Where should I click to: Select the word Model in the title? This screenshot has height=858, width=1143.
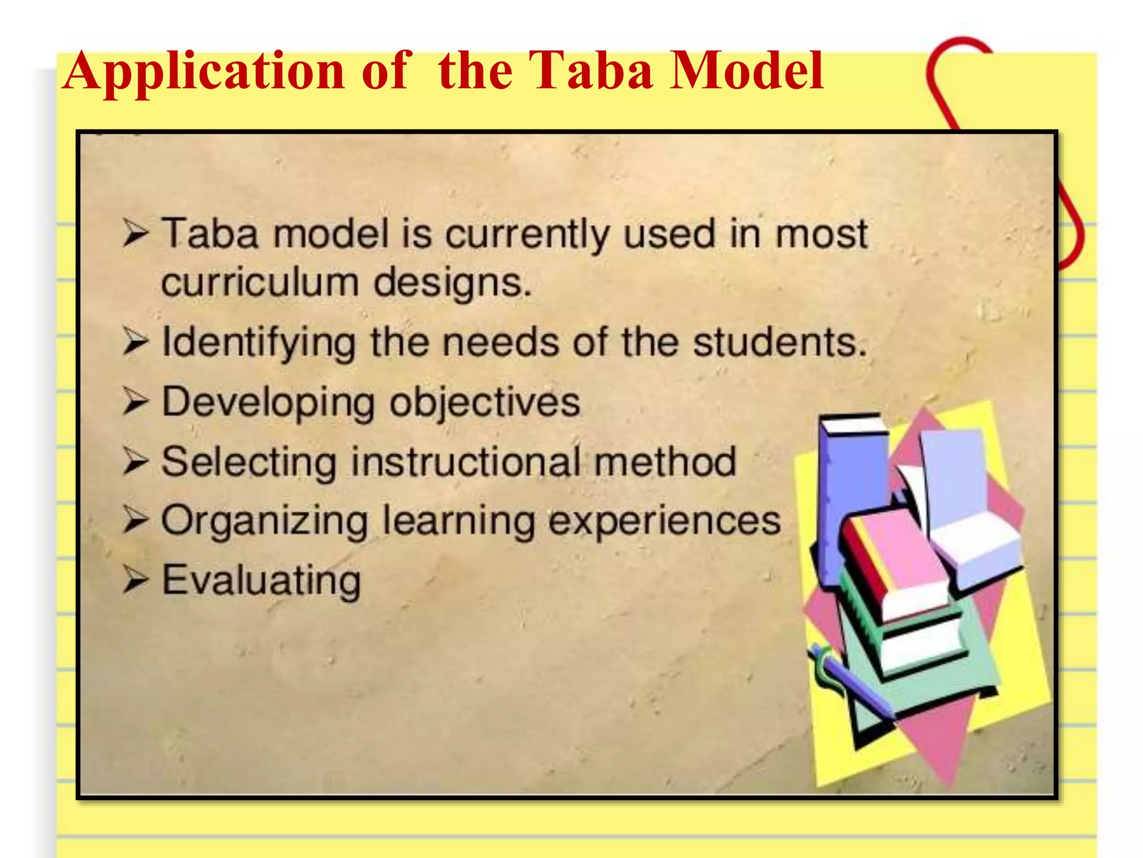746,70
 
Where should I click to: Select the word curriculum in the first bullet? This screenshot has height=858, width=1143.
260,282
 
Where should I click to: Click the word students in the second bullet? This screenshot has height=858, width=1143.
780,341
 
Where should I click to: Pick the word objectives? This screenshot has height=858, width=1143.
485,403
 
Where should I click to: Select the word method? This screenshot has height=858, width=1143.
665,462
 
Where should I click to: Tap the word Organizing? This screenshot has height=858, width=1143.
265,521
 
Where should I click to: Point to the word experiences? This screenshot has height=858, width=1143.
664,521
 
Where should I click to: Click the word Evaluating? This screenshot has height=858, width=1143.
261,580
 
